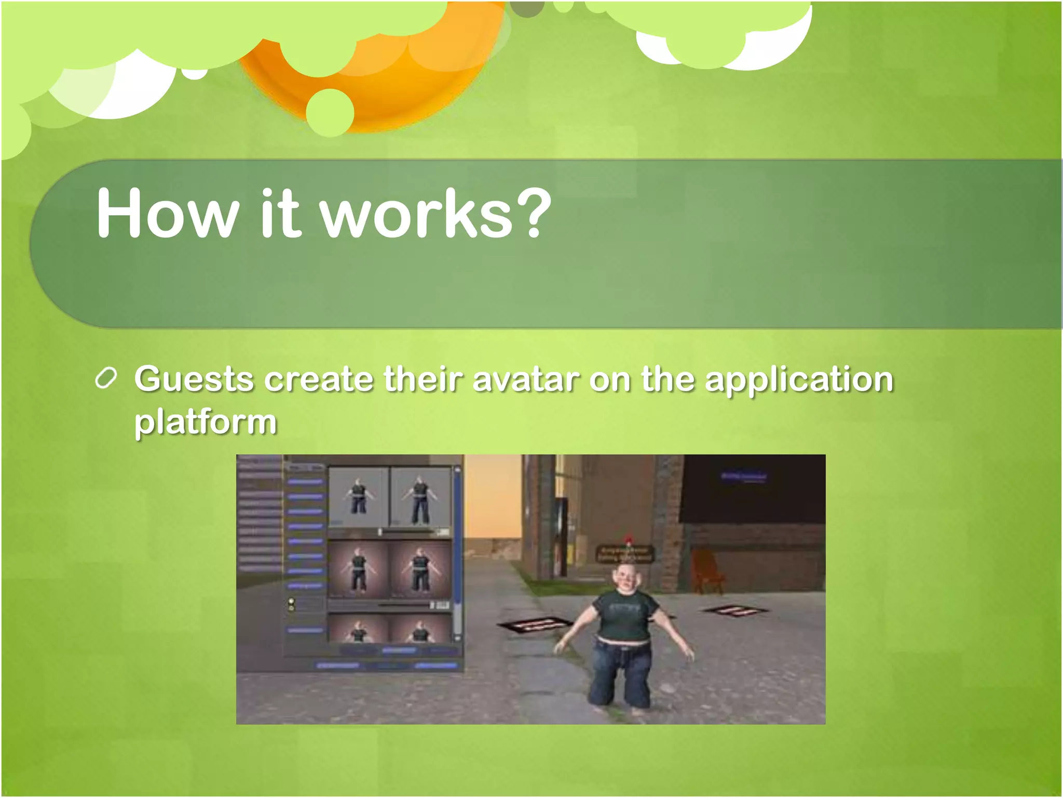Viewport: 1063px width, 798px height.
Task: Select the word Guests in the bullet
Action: pos(194,379)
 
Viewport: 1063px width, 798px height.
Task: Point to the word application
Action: pos(799,380)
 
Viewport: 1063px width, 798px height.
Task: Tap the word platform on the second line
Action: pos(206,422)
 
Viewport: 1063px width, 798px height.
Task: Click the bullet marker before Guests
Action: pos(106,378)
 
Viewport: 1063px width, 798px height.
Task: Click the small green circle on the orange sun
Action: pos(330,112)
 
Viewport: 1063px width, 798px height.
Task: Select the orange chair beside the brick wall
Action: pos(706,571)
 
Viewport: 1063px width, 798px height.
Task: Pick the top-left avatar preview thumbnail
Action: pos(358,497)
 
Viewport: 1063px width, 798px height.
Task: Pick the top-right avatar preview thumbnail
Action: pos(420,497)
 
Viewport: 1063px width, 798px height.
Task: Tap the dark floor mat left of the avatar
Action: pos(535,624)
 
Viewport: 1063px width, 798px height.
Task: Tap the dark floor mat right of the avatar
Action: pos(735,611)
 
